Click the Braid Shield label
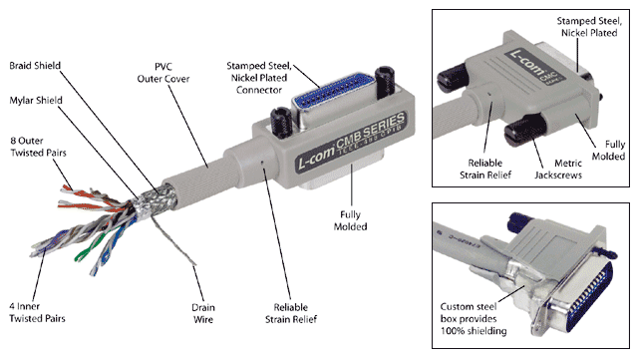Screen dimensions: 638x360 point(35,66)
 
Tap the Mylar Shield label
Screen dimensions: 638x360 point(36,100)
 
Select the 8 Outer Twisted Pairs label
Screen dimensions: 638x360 point(38,147)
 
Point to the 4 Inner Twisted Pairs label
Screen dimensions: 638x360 point(37,312)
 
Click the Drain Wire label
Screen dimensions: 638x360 point(203,313)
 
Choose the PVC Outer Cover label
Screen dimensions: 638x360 point(163,73)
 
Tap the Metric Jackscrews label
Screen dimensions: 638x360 point(558,169)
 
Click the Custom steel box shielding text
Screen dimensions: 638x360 point(474,318)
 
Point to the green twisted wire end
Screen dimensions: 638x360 point(87,247)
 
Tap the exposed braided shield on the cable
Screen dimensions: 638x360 point(157,198)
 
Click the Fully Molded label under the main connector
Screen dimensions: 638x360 point(350,220)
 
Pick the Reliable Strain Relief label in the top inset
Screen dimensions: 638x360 point(485,169)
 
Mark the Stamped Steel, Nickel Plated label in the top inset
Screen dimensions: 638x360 point(589,27)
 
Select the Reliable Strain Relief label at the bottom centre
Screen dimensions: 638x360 point(291,313)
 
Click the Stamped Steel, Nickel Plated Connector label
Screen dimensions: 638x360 point(259,78)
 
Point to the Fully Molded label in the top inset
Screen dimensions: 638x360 point(608,151)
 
